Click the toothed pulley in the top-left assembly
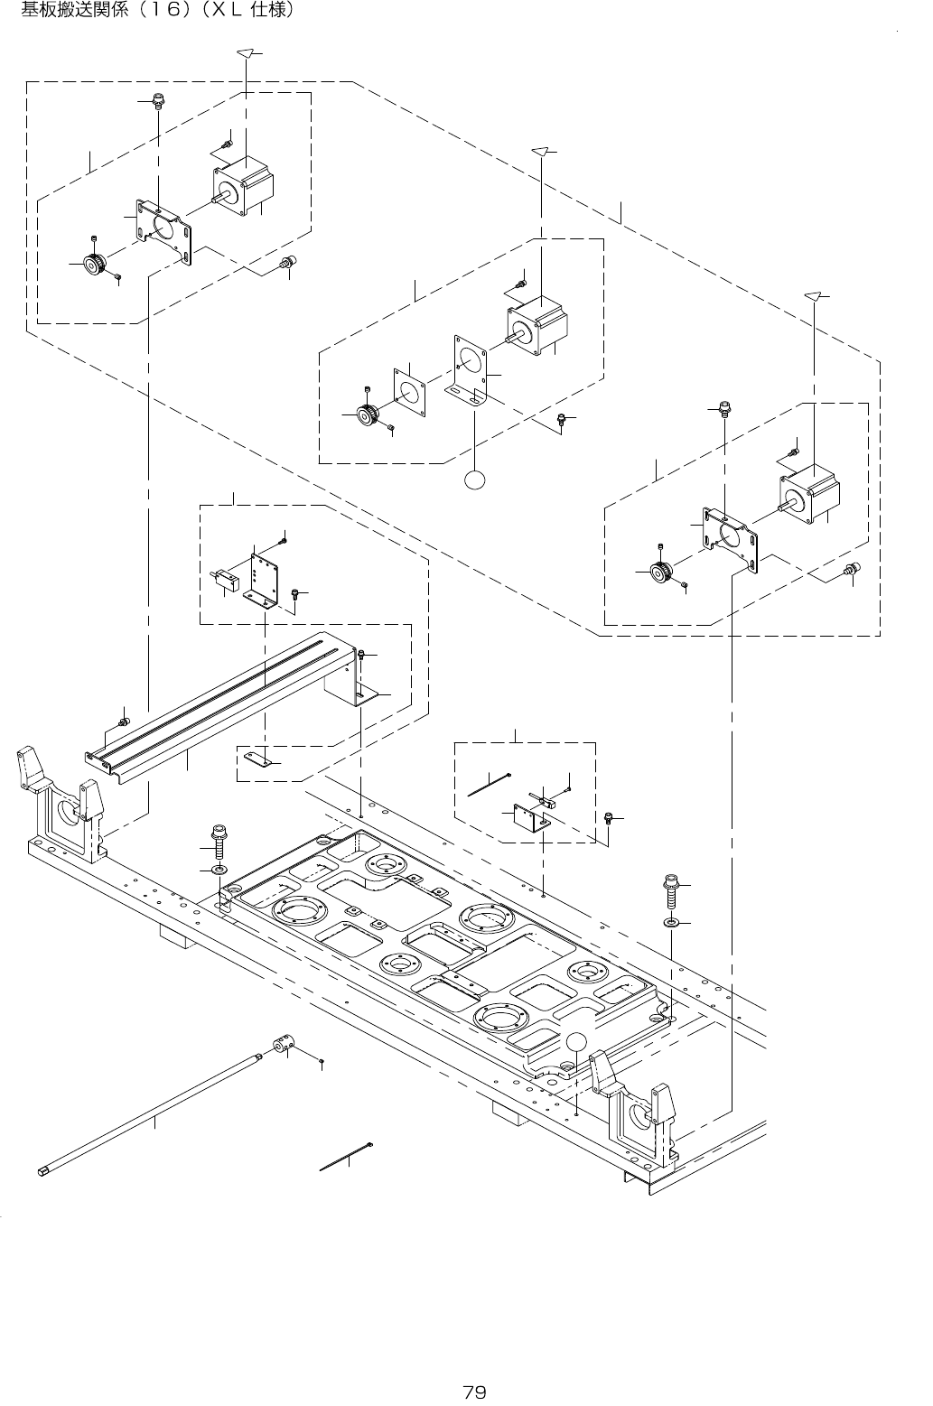click(x=94, y=265)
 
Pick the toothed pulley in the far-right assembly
click(x=662, y=573)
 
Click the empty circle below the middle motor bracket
click(x=476, y=480)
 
